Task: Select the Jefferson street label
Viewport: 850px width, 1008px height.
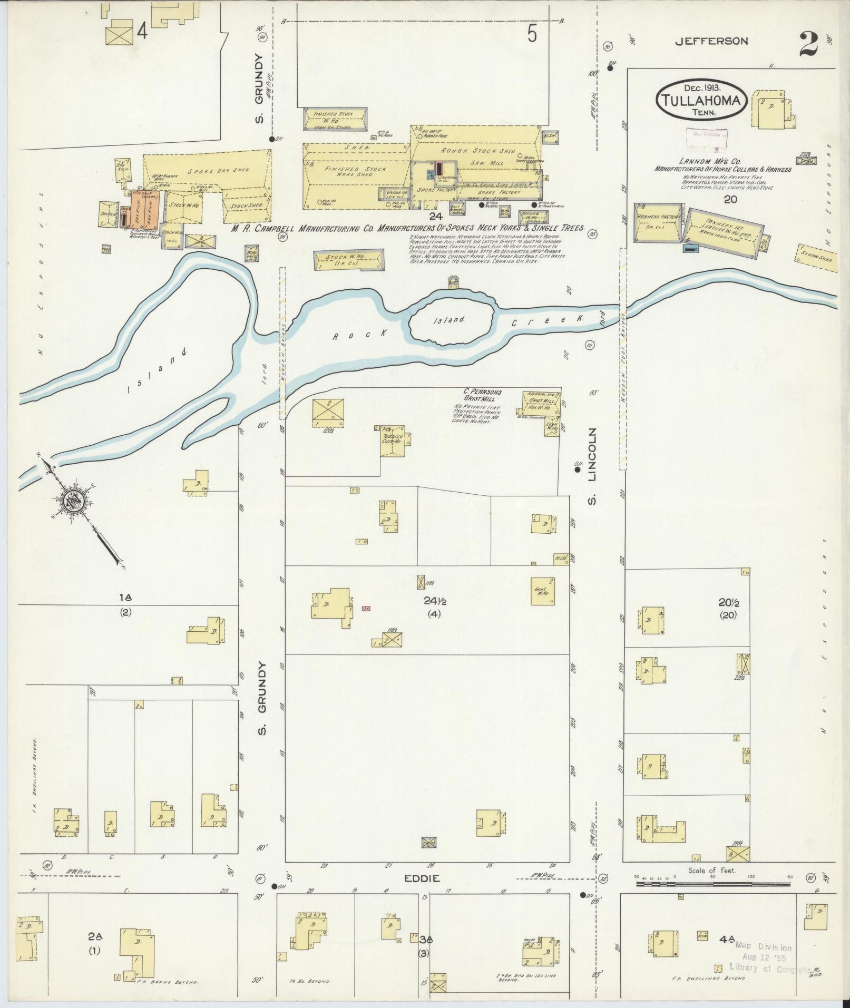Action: pos(711,41)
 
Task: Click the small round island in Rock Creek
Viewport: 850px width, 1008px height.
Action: pos(452,319)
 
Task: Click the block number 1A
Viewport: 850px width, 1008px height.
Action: pos(125,597)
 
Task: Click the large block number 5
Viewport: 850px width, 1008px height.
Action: pos(532,35)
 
